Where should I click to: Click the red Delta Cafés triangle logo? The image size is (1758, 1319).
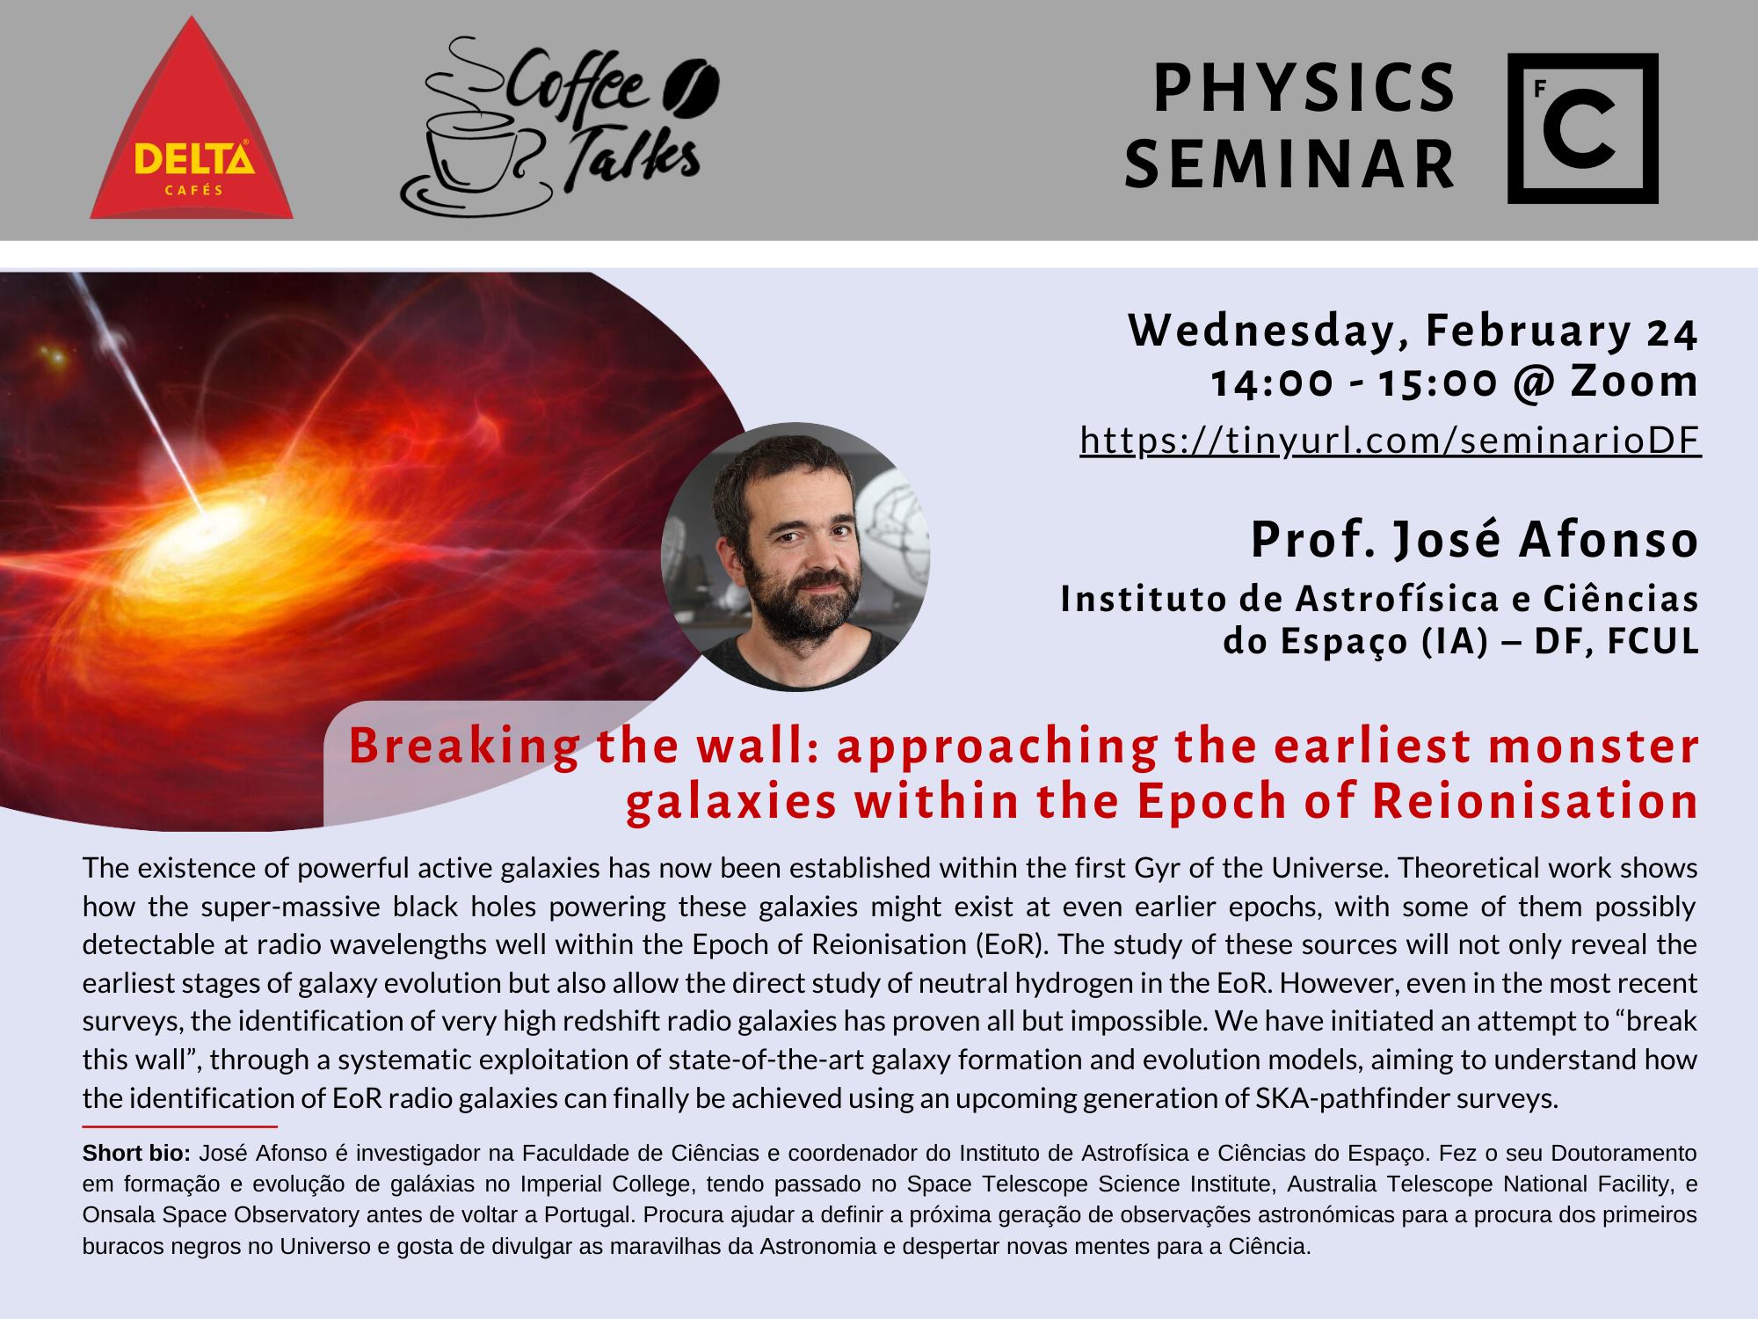coord(192,132)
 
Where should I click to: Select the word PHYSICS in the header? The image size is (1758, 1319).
coord(1304,89)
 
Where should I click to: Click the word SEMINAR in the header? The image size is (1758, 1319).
coord(1290,165)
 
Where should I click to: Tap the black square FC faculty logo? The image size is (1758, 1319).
coord(1583,128)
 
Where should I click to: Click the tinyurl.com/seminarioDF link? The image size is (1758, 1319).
coord(1391,441)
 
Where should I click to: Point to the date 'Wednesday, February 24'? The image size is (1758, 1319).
coord(1413,332)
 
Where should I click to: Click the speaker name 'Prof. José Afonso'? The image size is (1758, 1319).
coord(1475,539)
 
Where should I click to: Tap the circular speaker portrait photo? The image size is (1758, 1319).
coord(795,557)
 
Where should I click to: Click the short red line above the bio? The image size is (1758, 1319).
coord(180,1126)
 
